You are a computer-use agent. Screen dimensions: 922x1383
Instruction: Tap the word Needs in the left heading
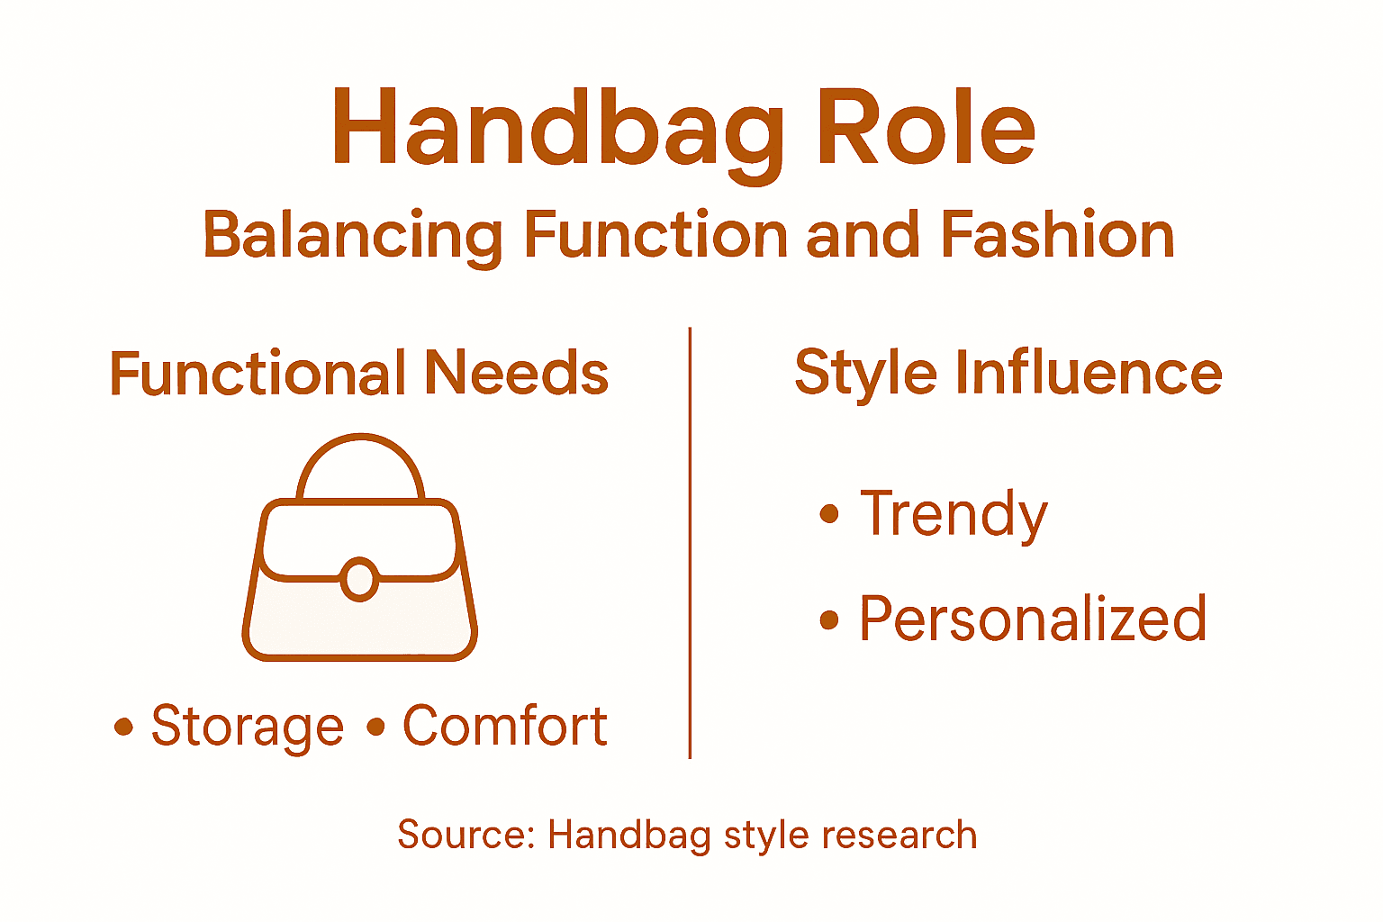(516, 374)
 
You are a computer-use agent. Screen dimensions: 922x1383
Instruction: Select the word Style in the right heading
(865, 374)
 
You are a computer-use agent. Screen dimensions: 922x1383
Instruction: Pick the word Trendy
(954, 515)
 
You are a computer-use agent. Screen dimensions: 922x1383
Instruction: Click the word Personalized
(1032, 619)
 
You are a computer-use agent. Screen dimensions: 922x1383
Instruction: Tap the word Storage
(248, 727)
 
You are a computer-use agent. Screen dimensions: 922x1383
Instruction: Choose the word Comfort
(504, 726)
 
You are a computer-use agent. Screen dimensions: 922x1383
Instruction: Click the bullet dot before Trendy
(829, 515)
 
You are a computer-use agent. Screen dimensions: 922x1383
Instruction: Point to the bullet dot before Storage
(123, 726)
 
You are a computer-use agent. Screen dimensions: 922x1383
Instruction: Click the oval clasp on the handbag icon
(359, 580)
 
